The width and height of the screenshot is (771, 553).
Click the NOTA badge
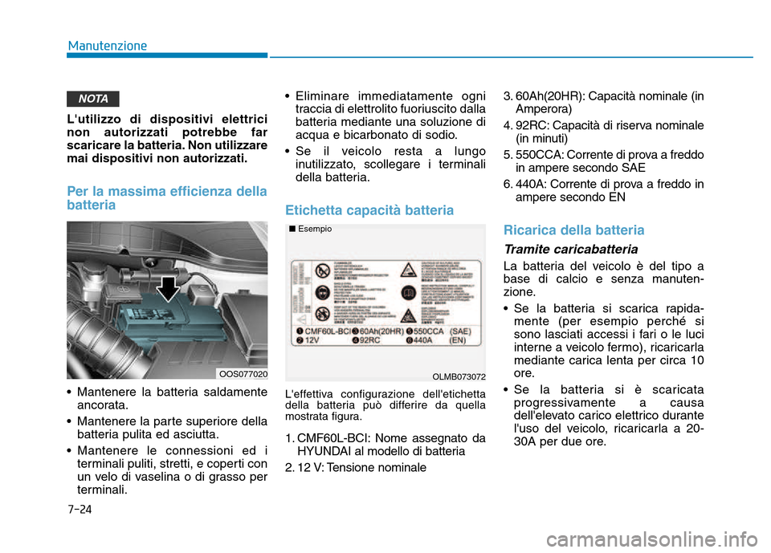[94, 99]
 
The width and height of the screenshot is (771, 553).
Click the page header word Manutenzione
[107, 45]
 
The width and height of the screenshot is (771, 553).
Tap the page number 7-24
[80, 509]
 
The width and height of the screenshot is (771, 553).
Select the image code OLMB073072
[459, 376]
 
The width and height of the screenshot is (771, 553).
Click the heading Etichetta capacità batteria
[369, 210]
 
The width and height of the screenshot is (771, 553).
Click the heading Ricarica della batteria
[573, 230]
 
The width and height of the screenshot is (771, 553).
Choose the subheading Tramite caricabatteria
[570, 249]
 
